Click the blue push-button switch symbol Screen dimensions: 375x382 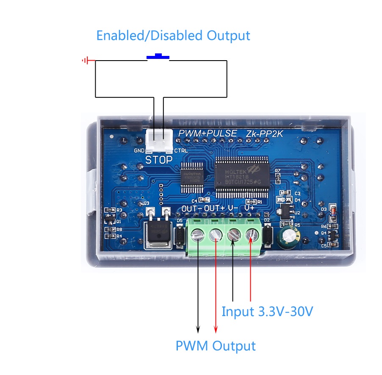click(x=158, y=57)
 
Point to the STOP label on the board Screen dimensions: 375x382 click(x=159, y=160)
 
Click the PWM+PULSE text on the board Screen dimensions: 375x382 click(x=208, y=133)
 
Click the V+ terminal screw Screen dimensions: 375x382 click(x=252, y=234)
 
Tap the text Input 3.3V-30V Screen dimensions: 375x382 click(x=267, y=312)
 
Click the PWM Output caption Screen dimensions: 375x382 click(x=216, y=346)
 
